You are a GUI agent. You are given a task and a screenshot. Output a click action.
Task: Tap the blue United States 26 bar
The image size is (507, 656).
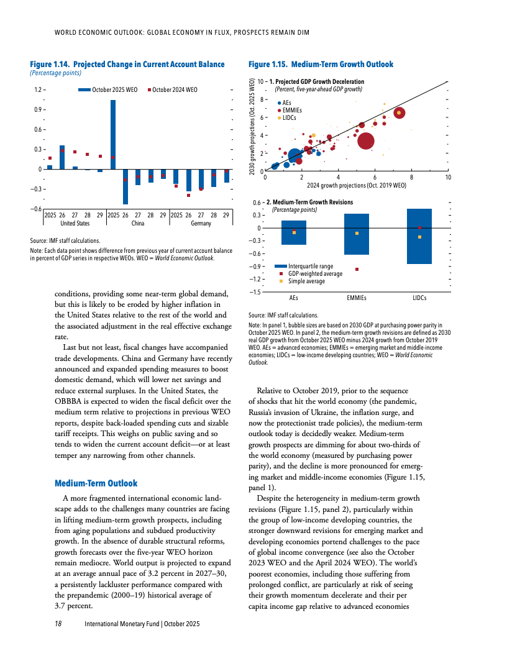point(62,157)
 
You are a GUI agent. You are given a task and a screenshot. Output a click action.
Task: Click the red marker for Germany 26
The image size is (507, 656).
point(189,195)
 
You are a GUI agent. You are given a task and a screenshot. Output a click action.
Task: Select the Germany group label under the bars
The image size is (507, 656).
point(201,223)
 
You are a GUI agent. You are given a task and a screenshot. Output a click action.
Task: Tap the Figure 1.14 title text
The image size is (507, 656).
point(127,64)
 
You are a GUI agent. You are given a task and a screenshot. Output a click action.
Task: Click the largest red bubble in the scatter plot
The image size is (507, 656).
point(367,141)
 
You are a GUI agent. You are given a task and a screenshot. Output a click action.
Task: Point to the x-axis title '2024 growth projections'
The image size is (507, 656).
point(357,185)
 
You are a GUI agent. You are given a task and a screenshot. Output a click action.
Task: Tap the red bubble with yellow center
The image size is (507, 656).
point(399,112)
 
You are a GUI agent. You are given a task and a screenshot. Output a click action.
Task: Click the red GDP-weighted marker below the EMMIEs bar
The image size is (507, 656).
point(357,269)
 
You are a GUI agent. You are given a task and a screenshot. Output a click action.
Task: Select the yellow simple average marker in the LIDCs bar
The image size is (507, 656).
point(420,237)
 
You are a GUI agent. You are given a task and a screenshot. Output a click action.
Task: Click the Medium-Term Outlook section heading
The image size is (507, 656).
point(96,483)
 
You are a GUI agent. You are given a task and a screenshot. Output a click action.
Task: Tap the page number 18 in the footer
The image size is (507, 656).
point(59,622)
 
